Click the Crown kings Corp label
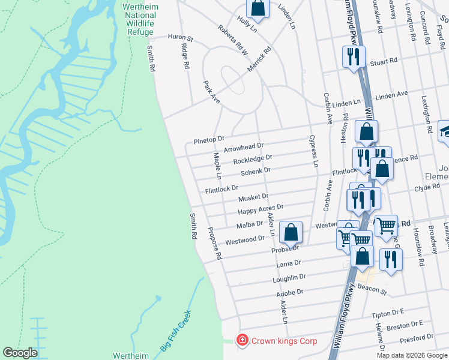[x=284, y=341]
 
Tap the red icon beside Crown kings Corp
[x=242, y=341]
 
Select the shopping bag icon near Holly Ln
[x=258, y=8]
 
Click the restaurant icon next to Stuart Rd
[x=352, y=57]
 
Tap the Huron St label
[x=180, y=37]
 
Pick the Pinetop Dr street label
[x=208, y=140]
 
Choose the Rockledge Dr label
[x=253, y=160]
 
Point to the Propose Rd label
[x=215, y=243]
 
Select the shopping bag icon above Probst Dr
[x=291, y=233]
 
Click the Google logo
[x=20, y=353]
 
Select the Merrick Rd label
[x=259, y=61]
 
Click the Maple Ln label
[x=218, y=166]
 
